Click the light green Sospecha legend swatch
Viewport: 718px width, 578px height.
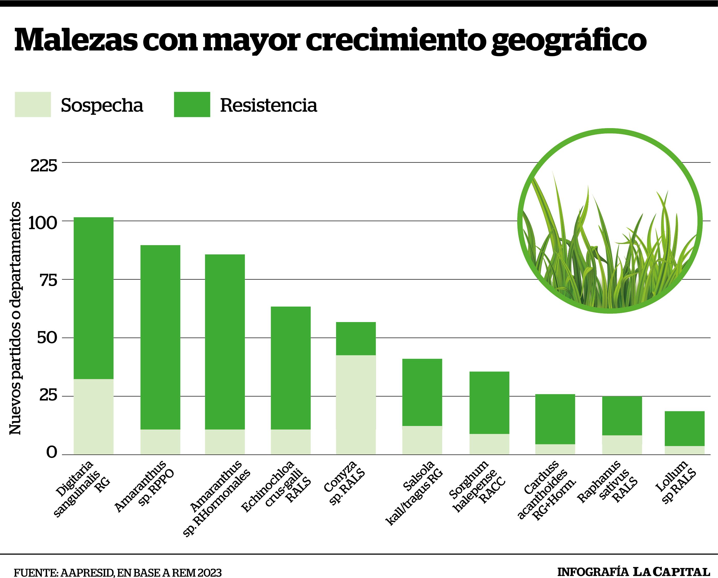[x=33, y=104]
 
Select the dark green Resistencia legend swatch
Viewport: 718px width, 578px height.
[x=192, y=104]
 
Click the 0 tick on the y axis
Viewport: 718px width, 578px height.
[x=52, y=452]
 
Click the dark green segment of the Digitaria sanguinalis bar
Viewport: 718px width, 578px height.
[x=93, y=298]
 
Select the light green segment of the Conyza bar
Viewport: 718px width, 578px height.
[x=356, y=404]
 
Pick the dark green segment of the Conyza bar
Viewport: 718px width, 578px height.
[x=356, y=339]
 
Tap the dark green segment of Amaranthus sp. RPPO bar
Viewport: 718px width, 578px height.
[x=160, y=337]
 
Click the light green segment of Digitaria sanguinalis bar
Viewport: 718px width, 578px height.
[x=93, y=416]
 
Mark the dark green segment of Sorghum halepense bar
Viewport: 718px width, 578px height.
[x=489, y=402]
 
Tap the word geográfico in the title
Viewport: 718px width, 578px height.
[x=569, y=41]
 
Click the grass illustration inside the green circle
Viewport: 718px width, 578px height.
[x=609, y=240]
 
